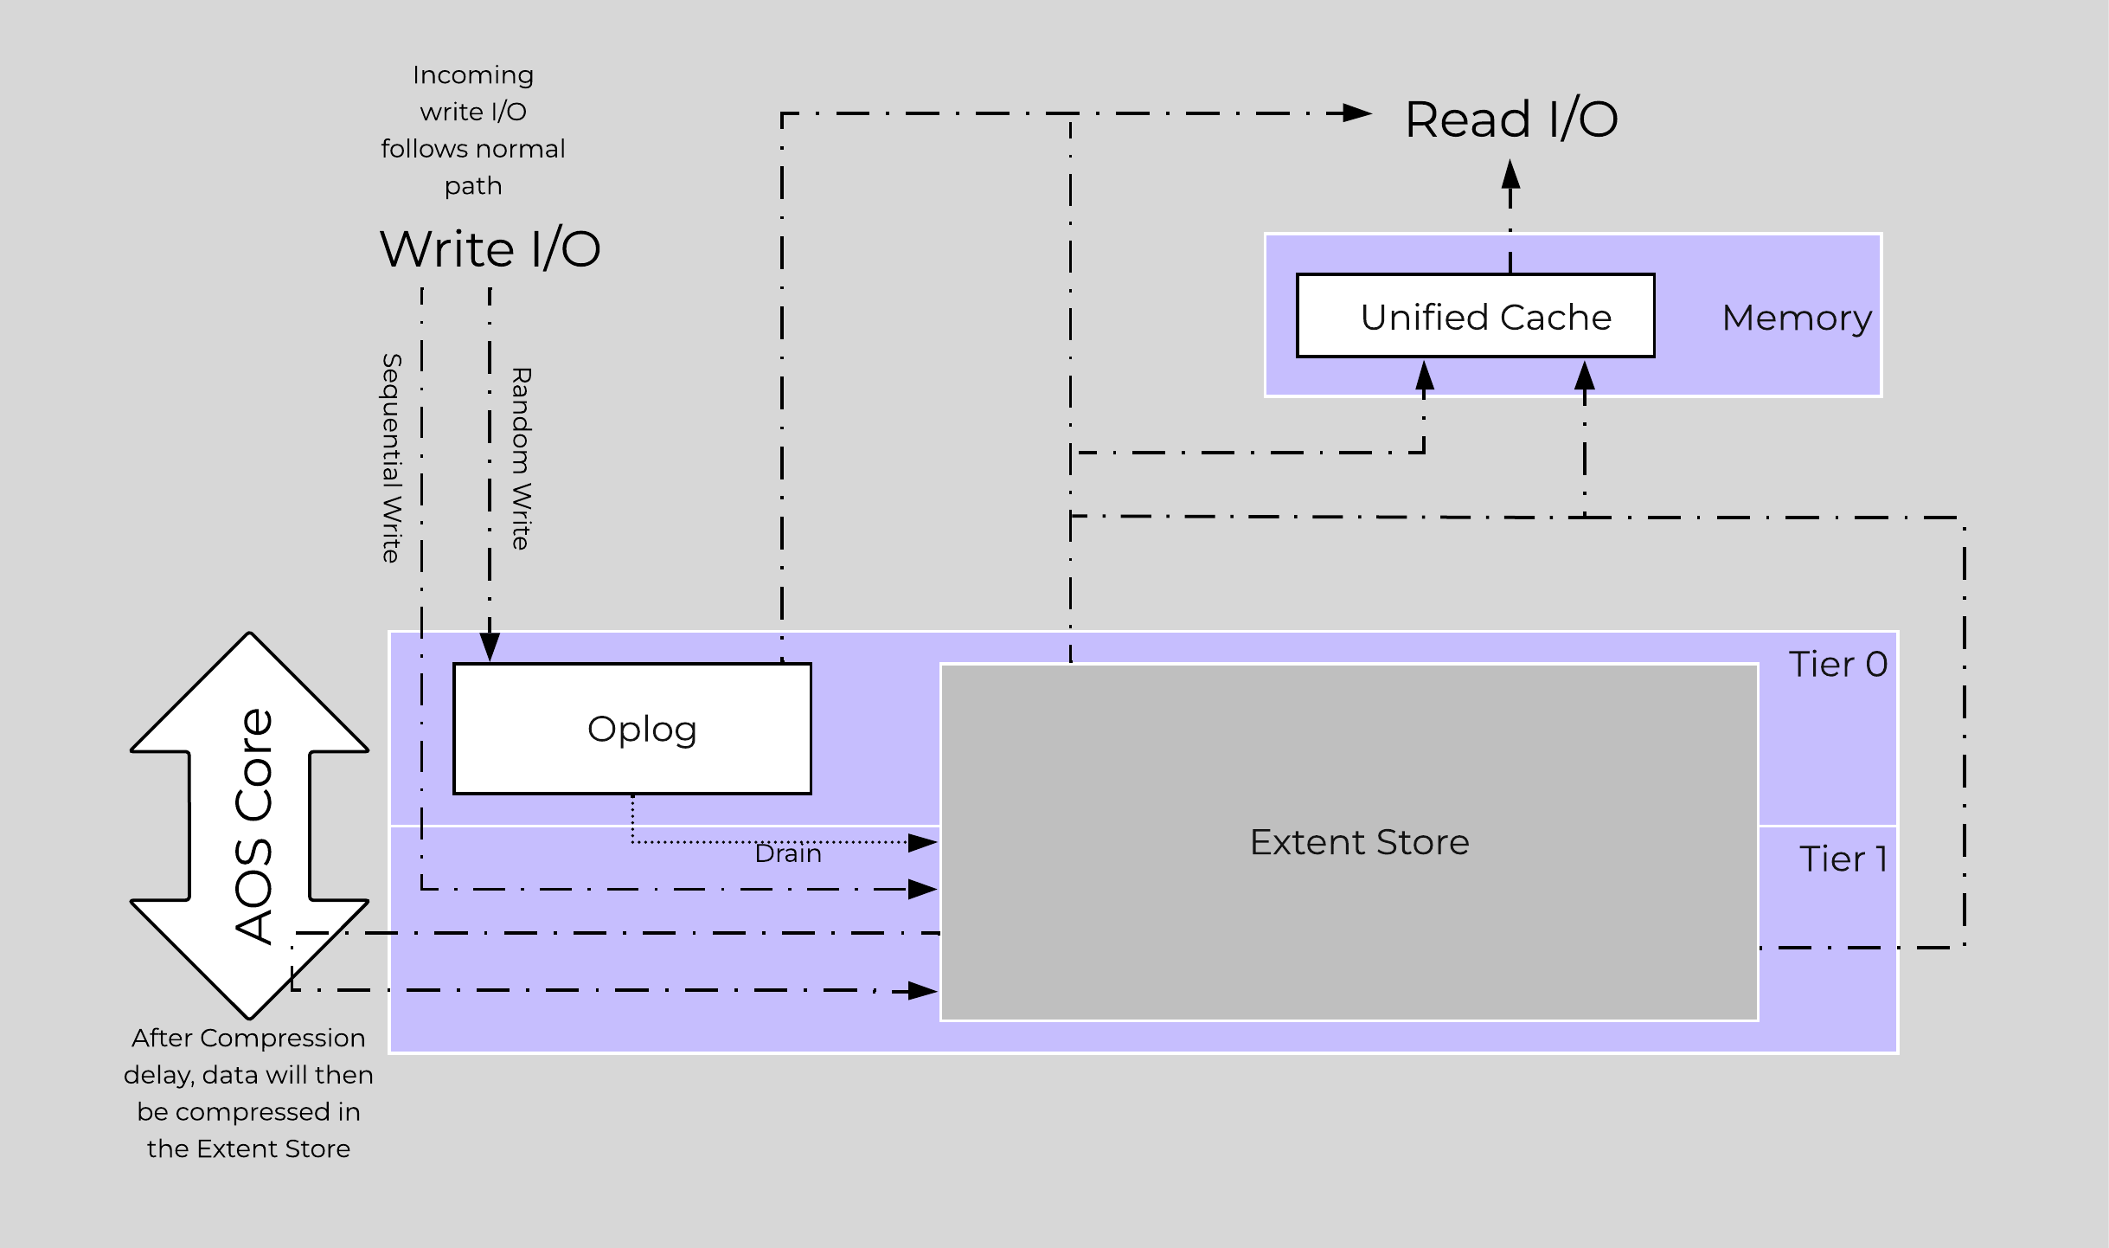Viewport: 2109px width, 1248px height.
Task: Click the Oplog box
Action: (632, 729)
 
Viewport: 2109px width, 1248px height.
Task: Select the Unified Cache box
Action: (1475, 317)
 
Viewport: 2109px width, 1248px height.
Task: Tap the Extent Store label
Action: (1359, 842)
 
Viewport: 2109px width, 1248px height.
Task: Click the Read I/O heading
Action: (1510, 119)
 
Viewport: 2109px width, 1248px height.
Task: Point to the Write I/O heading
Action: (490, 249)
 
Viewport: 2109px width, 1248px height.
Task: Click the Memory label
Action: (1796, 318)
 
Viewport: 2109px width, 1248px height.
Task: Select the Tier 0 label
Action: (1837, 665)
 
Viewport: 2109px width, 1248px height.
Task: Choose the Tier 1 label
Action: (1843, 859)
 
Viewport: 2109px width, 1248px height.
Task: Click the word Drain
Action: (787, 854)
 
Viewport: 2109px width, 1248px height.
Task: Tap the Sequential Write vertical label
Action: (392, 458)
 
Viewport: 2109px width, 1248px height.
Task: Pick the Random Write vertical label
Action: (521, 458)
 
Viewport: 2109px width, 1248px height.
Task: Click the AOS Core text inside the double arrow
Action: (253, 826)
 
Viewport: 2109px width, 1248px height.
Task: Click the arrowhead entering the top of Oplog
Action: (490, 647)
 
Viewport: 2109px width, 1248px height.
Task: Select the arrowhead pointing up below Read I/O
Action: (1510, 175)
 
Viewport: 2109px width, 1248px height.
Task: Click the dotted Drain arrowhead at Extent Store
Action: (922, 842)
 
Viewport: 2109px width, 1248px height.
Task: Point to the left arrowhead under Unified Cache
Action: (1424, 376)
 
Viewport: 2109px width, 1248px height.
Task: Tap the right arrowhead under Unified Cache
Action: (1584, 376)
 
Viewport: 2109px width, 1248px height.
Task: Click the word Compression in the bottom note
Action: (282, 1039)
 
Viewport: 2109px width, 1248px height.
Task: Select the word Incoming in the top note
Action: (472, 75)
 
